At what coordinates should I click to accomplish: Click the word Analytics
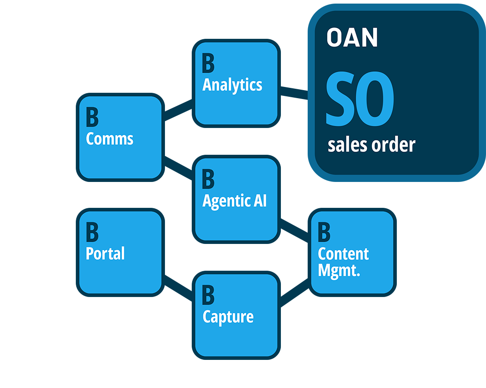[232, 85]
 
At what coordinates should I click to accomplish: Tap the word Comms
[109, 139]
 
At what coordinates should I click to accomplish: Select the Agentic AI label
[234, 201]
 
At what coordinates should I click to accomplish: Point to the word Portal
[105, 254]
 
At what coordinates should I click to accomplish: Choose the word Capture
[228, 317]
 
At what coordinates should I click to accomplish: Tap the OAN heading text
[352, 38]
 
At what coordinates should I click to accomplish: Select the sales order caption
[371, 145]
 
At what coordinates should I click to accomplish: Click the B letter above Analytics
[208, 63]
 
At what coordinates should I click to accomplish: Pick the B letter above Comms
[92, 118]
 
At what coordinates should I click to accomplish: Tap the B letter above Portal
[92, 233]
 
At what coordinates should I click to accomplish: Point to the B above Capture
[208, 295]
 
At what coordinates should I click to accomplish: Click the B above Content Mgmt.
[324, 233]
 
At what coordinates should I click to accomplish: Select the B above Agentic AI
[208, 179]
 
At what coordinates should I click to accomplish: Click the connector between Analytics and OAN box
[294, 97]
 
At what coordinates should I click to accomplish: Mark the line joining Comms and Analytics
[178, 110]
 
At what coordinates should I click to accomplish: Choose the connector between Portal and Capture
[178, 285]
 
